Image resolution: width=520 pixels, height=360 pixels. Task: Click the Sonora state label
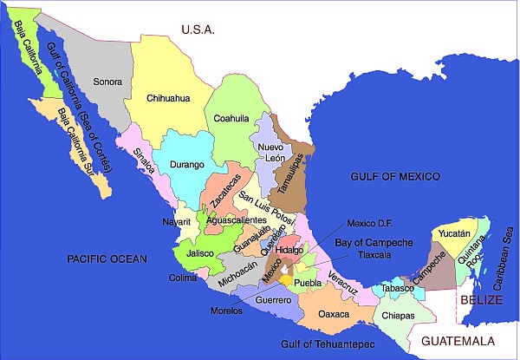(107, 82)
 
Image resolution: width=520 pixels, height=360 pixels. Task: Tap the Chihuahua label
(168, 98)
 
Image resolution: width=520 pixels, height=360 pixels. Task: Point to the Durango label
(186, 164)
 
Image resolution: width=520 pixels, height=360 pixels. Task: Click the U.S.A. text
(198, 29)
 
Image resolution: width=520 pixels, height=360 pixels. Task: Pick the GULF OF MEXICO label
(395, 176)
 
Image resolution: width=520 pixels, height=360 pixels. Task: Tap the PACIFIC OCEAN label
(106, 259)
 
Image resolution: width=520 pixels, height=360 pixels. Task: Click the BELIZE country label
(481, 299)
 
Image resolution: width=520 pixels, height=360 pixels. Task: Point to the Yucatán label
(454, 233)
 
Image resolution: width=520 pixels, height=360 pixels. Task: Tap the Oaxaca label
(334, 314)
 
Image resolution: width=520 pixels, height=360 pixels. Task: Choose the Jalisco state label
(199, 253)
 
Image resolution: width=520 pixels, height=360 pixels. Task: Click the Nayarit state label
(177, 222)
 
